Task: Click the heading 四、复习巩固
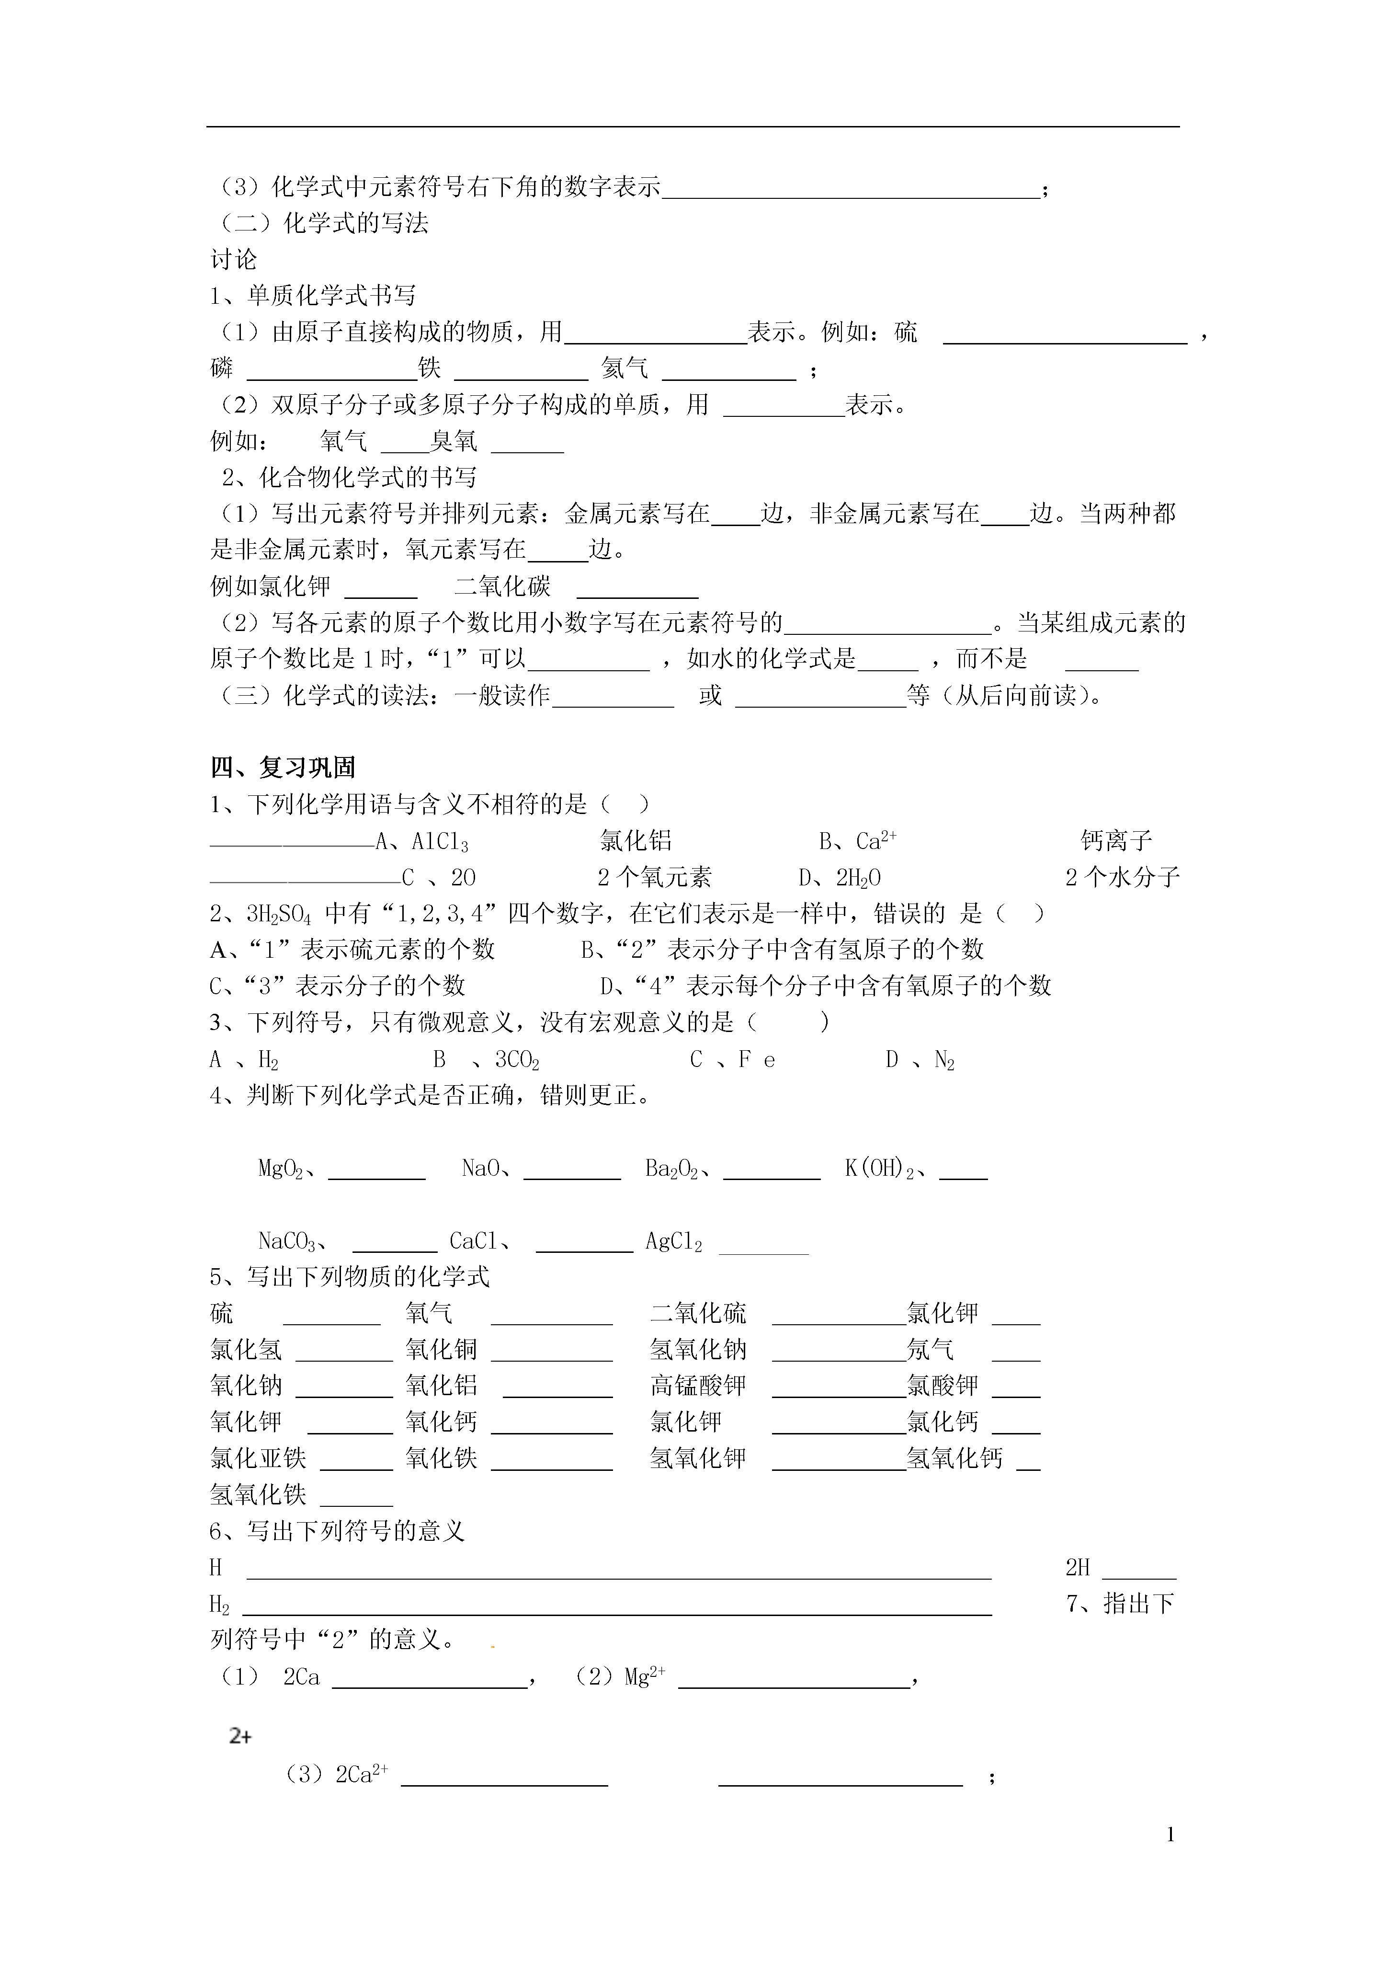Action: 283,767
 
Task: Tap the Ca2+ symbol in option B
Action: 875,841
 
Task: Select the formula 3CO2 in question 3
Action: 517,1060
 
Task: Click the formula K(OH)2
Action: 879,1169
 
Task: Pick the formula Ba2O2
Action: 672,1169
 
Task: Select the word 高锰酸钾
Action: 698,1385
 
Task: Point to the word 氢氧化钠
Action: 698,1350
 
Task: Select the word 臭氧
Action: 454,442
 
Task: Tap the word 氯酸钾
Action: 942,1385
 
